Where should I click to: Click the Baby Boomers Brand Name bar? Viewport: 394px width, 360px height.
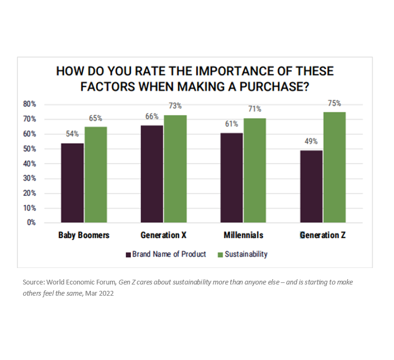coord(72,182)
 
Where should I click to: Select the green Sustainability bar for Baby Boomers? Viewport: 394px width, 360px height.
coord(96,174)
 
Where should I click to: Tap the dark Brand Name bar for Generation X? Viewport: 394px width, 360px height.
coord(152,174)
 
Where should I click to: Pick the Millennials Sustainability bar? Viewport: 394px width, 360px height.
coord(255,170)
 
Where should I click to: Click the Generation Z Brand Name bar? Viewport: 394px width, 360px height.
coord(311,186)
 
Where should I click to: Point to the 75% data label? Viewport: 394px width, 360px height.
coord(334,104)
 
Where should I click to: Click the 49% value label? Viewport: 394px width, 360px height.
coord(311,141)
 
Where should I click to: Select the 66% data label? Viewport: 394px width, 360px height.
coord(152,116)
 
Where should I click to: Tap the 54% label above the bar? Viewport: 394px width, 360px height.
coord(72,134)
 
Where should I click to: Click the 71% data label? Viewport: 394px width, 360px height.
coord(255,109)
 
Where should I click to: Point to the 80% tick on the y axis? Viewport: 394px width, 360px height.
coord(29,104)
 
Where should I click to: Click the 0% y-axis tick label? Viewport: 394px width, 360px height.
coord(31,222)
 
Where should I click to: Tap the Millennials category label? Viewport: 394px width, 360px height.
coord(243,235)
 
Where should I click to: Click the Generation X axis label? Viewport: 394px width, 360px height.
coord(163,235)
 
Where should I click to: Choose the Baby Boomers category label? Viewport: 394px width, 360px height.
coord(84,235)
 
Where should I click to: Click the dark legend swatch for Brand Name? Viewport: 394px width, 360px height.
coord(128,255)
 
